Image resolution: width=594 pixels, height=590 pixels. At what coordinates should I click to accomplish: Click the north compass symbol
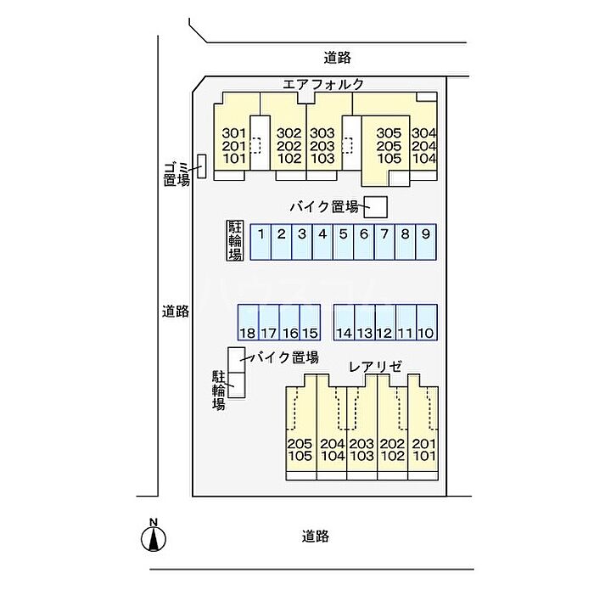(x=153, y=537)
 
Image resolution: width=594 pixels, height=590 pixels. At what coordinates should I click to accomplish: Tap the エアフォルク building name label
(x=324, y=84)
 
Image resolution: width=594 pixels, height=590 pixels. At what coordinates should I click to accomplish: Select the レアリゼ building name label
(x=376, y=366)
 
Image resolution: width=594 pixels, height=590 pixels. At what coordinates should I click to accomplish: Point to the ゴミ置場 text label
(x=177, y=172)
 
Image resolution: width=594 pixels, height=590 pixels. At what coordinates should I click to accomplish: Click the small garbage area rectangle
(x=201, y=166)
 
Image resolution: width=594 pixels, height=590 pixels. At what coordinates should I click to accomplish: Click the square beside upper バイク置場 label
(x=376, y=206)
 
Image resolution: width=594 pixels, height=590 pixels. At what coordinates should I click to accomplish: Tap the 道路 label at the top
(x=338, y=58)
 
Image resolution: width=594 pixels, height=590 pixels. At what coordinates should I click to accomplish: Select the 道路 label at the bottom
(x=315, y=536)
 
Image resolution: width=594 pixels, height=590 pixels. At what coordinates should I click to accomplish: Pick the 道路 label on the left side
(x=176, y=311)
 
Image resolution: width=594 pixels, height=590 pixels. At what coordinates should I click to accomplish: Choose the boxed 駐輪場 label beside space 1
(x=235, y=240)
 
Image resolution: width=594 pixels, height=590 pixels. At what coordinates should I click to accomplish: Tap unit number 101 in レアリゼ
(x=423, y=457)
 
